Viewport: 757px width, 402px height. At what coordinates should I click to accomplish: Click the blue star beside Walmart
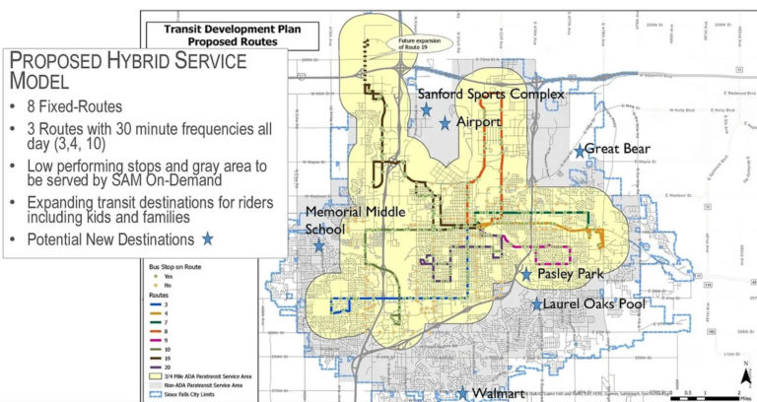[x=462, y=393]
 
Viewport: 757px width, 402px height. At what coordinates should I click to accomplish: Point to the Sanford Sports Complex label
[x=491, y=94]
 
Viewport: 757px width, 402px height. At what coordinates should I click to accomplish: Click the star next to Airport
[x=446, y=123]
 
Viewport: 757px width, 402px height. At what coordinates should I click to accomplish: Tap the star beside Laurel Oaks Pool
[x=537, y=304]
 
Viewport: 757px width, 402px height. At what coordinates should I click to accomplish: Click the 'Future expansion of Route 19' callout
[x=419, y=42]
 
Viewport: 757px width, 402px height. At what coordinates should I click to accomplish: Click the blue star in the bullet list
[x=207, y=238]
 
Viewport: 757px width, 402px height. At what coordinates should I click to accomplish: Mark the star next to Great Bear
[x=580, y=151]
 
